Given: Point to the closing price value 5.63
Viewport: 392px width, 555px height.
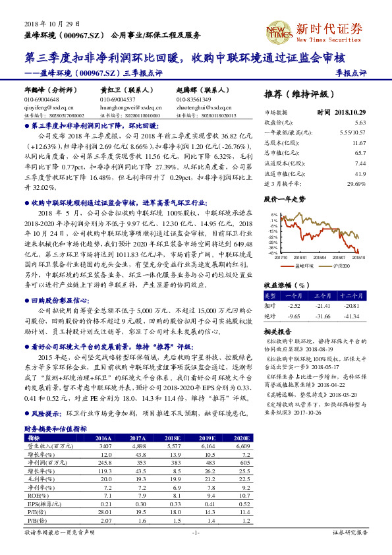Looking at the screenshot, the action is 360,123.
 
